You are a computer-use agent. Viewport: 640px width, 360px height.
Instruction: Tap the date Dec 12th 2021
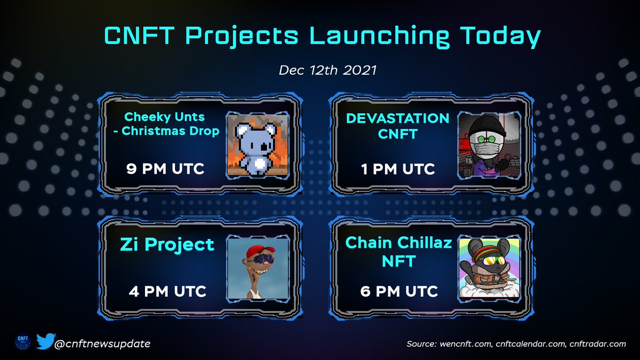320,71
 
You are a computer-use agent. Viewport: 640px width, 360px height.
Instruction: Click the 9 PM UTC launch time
165,169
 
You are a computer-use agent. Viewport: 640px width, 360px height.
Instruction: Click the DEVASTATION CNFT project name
397,126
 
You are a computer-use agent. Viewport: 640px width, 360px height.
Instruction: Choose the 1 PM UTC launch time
397,169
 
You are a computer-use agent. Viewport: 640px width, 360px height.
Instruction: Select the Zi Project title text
167,245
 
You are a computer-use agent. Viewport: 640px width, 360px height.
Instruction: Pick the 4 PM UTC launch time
167,291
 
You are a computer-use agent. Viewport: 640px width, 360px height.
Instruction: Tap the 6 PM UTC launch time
398,291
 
